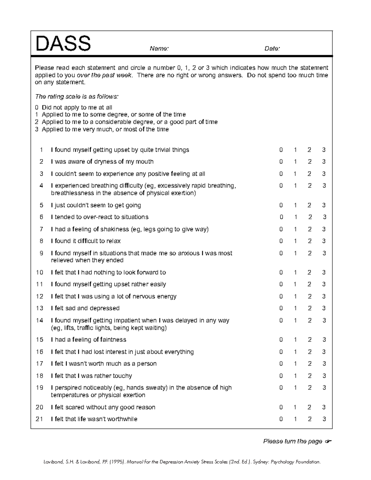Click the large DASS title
tap(63, 44)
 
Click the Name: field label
tap(159, 49)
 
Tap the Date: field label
tap(272, 49)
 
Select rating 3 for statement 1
tap(324, 150)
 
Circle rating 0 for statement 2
tap(281, 162)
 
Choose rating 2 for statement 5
tap(309, 205)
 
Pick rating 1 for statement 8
tap(295, 241)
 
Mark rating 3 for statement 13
tap(324, 308)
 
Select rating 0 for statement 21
tap(281, 419)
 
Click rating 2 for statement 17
tap(309, 364)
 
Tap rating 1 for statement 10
tap(295, 273)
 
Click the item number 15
tap(40, 340)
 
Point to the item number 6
tap(41, 217)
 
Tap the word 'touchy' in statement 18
tap(122, 376)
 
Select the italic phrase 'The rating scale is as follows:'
tap(77, 96)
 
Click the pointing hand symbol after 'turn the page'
tap(328, 441)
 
